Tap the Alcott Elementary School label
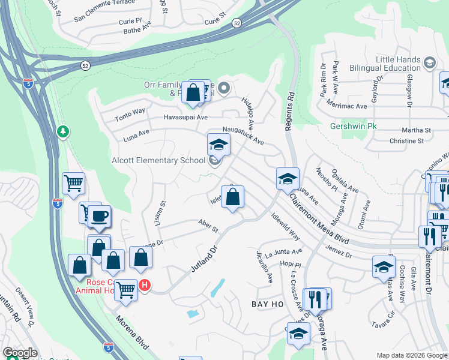159,160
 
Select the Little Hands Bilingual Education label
397,64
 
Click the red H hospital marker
145,285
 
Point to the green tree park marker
63,131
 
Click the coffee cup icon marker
100,216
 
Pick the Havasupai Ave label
186,117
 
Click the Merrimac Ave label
348,106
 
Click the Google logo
20,353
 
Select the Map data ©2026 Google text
412,355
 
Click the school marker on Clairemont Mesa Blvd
288,178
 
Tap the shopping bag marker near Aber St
233,197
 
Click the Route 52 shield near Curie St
237,23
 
